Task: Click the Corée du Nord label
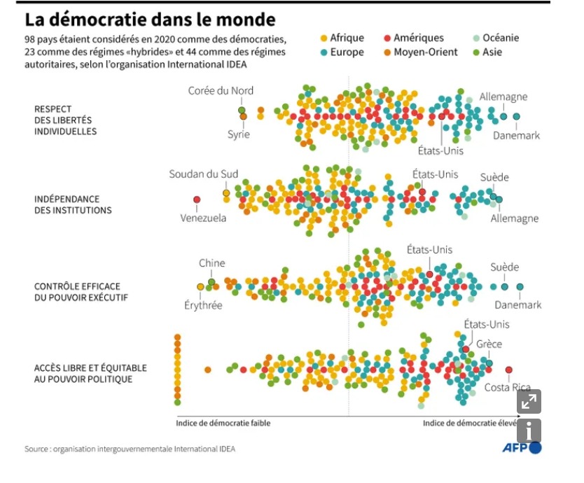pyautogui.click(x=221, y=90)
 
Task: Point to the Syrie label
pyautogui.click(x=238, y=134)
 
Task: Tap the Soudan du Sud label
pyautogui.click(x=204, y=174)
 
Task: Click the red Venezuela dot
pyautogui.click(x=197, y=199)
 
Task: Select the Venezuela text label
pyautogui.click(x=203, y=218)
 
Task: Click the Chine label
pyautogui.click(x=211, y=263)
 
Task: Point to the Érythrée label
pyautogui.click(x=203, y=305)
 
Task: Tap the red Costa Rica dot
pyautogui.click(x=508, y=370)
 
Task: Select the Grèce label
pyautogui.click(x=489, y=344)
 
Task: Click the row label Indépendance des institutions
pyautogui.click(x=73, y=204)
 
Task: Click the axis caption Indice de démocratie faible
pyautogui.click(x=223, y=423)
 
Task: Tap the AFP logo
pyautogui.click(x=522, y=448)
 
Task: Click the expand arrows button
pyautogui.click(x=529, y=401)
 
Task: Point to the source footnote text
pyautogui.click(x=130, y=449)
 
